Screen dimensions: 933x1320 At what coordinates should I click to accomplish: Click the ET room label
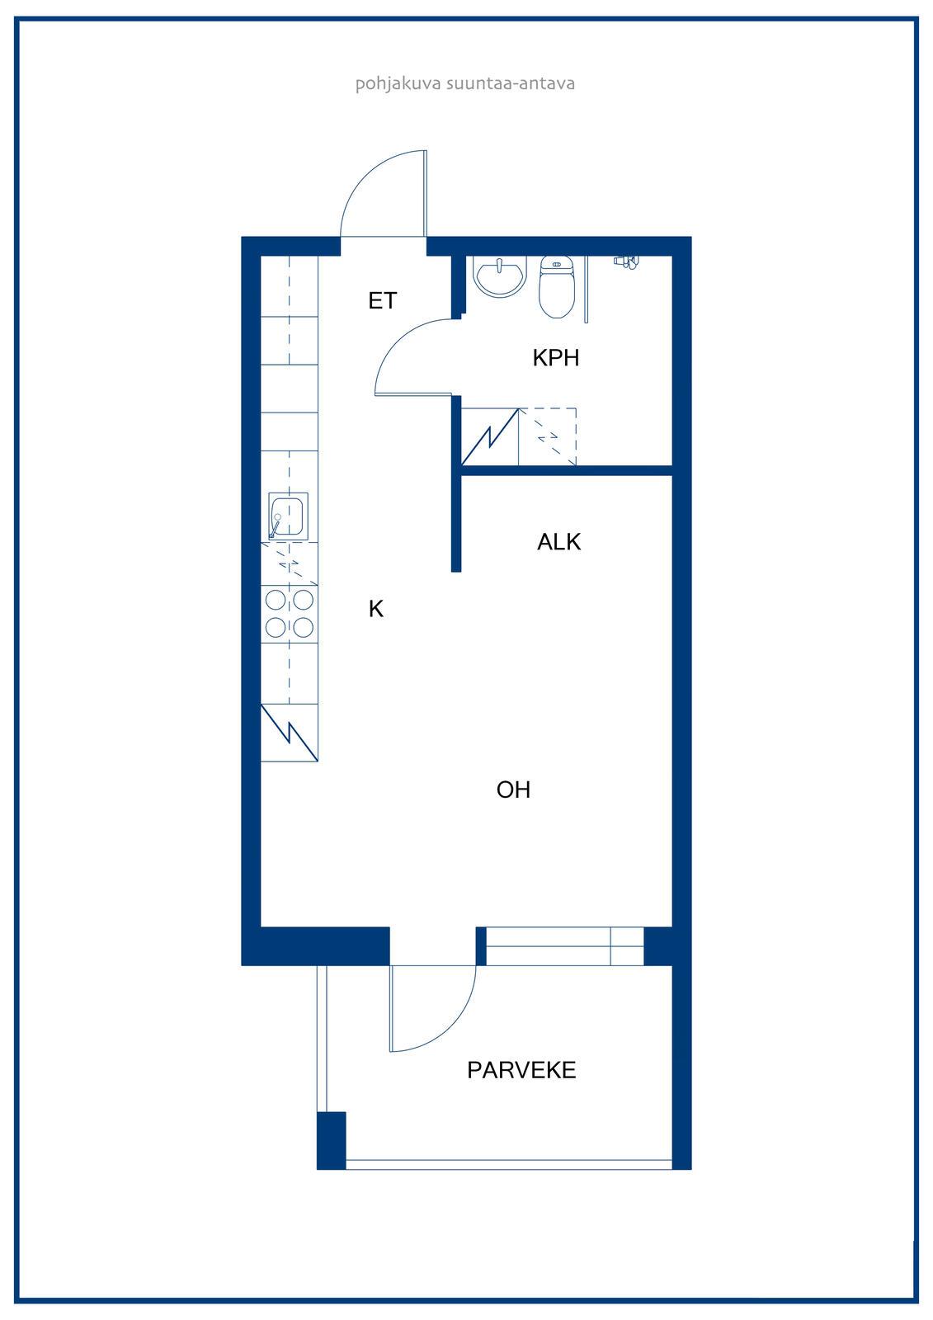coord(383,300)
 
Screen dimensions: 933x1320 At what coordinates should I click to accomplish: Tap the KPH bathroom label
coord(556,358)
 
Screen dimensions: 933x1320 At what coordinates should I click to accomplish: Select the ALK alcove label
coord(558,541)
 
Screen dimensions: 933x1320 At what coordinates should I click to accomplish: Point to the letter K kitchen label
coord(376,609)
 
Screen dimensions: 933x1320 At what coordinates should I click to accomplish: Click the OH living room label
coord(513,790)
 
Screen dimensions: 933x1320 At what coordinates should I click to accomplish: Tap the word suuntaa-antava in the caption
coord(511,83)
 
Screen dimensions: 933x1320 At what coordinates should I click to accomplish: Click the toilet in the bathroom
coord(556,287)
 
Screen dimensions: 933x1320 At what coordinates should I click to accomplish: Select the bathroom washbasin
coord(500,276)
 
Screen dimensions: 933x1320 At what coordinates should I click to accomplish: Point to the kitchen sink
coord(288,516)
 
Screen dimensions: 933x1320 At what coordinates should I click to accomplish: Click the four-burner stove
coord(290,615)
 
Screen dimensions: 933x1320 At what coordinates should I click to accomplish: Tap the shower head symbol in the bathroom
coord(626,262)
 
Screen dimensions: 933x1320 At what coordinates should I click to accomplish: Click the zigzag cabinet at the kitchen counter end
coord(290,733)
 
